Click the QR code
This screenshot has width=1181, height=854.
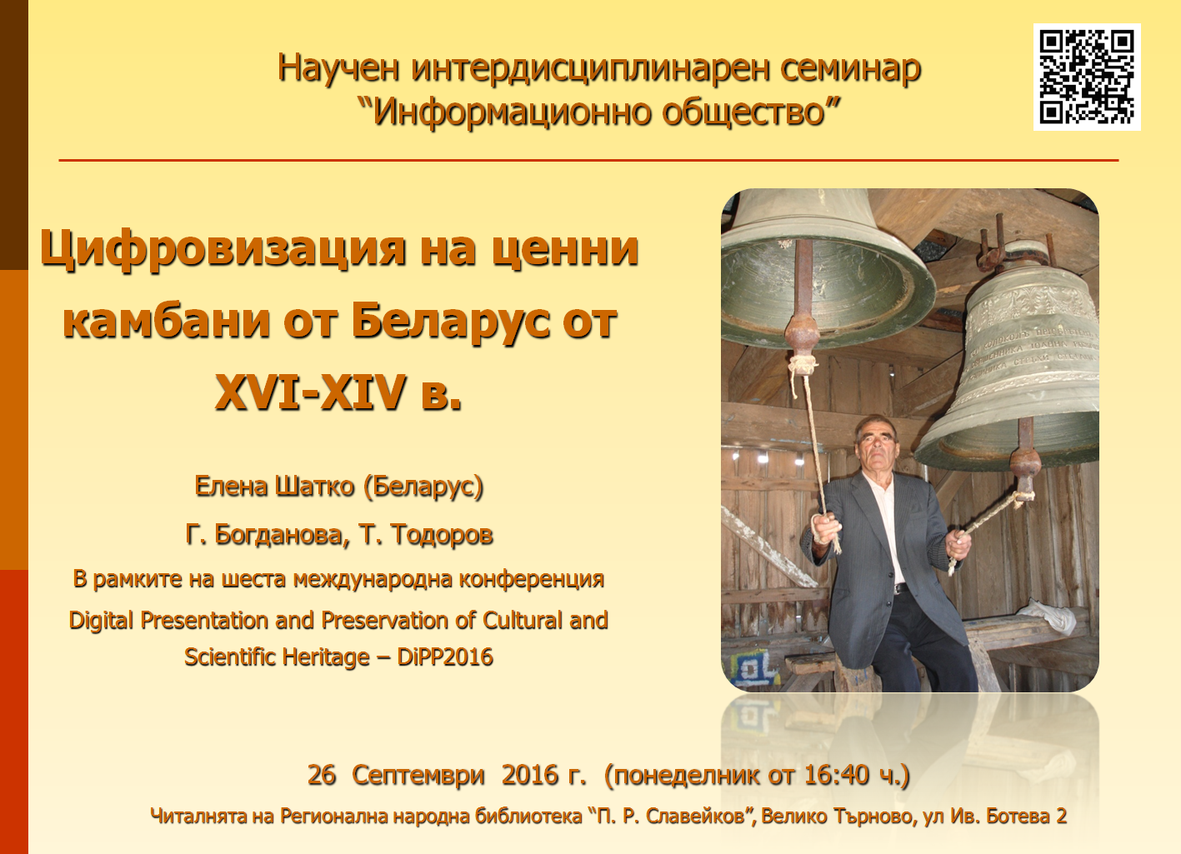pos(1087,77)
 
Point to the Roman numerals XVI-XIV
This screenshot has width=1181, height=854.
pos(311,392)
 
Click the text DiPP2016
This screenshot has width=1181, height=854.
pos(445,657)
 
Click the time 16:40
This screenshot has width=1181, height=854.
pos(837,775)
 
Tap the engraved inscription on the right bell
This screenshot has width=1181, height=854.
pos(1031,353)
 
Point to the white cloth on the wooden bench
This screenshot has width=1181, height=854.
pos(1047,615)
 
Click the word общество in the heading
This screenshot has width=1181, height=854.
pos(743,112)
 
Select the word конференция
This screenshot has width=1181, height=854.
pos(532,579)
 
